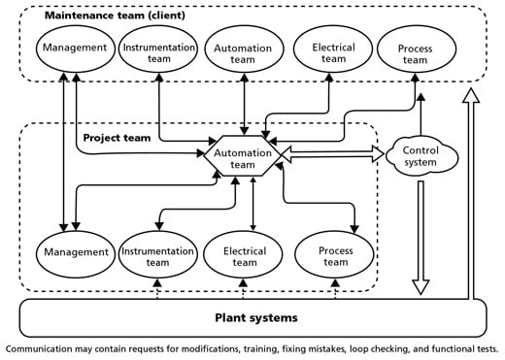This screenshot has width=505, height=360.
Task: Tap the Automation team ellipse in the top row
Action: pos(243,50)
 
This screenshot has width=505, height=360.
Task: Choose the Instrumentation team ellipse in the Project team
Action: pos(157,254)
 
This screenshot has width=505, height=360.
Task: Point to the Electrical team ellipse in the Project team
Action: pos(244,254)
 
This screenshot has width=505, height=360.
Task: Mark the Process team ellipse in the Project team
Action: pos(335,255)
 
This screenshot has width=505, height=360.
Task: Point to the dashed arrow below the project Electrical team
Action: pos(244,288)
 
